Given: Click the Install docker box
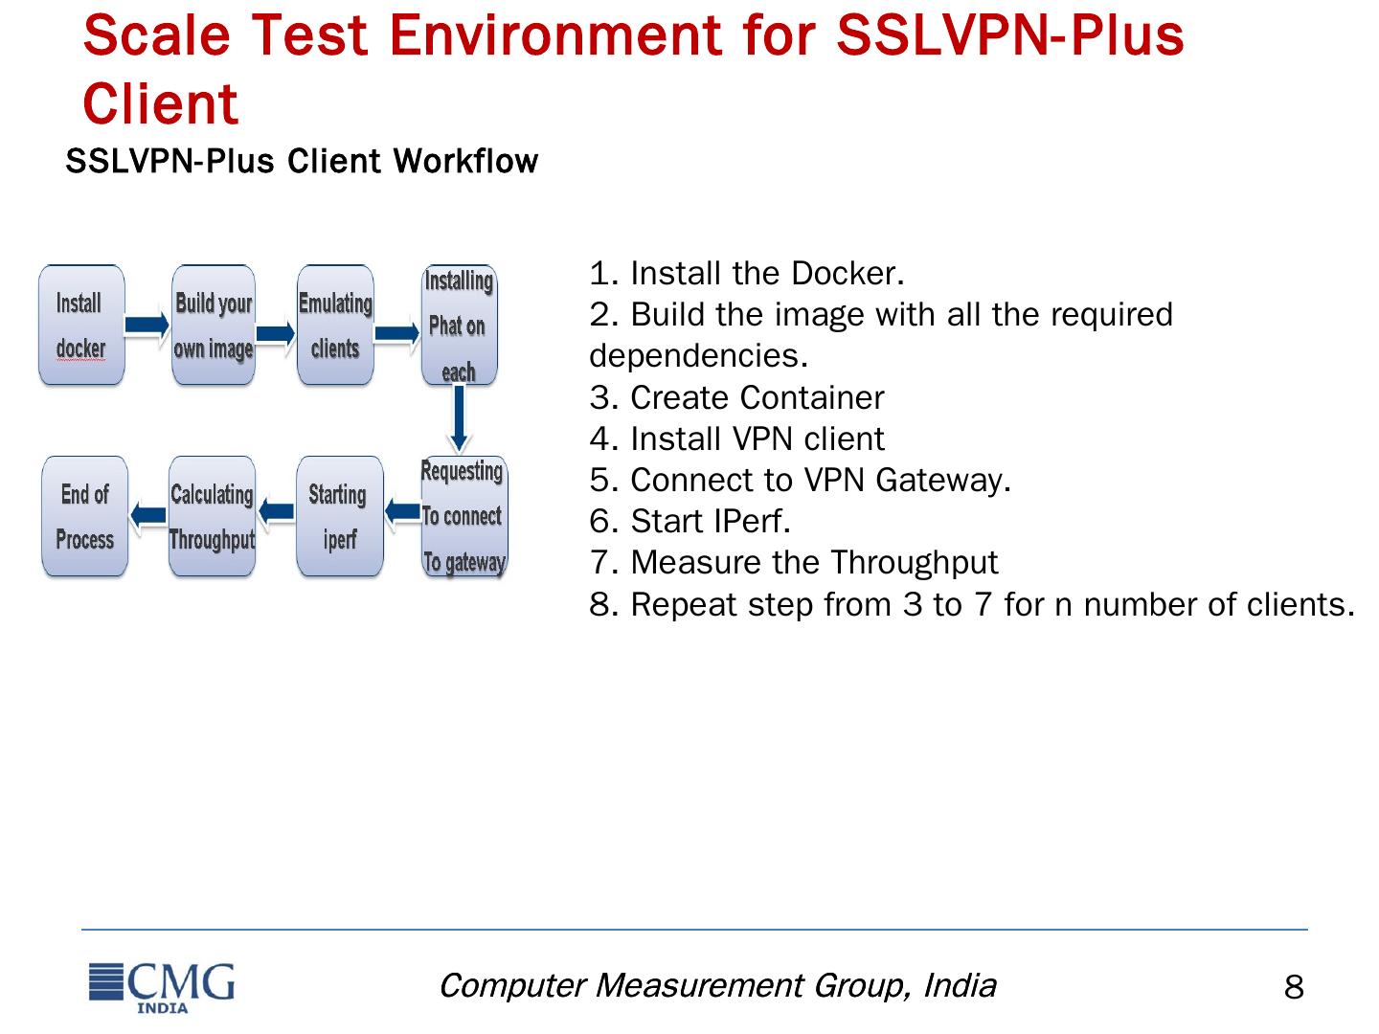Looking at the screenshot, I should pos(81,326).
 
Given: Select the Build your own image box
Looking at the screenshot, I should pos(213,326).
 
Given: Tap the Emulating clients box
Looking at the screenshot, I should pos(335,326).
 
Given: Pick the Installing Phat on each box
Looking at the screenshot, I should pos(459,326).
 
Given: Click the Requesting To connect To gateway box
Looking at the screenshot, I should pos(463,517).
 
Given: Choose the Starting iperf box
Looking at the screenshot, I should pos(339,517).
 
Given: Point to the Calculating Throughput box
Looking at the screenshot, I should pos(212,517).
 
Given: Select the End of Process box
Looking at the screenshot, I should pos(85,517).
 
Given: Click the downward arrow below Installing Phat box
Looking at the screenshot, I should pos(460,417).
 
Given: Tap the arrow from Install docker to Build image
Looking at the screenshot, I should pos(147,326).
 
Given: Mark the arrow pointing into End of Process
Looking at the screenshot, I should pos(148,516).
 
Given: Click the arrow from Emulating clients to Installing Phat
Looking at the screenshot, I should pos(397,333).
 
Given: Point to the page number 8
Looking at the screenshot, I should pos(1294,988).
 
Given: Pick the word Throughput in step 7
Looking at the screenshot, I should pos(914,563).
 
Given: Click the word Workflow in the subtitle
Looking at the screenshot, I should pos(465,162).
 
